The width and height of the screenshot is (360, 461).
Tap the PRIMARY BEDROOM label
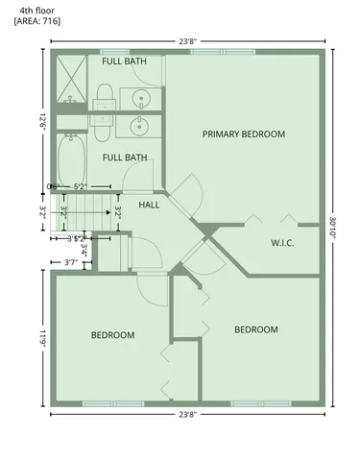coord(243,134)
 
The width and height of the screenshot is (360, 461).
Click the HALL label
coord(149,206)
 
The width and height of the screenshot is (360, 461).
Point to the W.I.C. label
coord(282,242)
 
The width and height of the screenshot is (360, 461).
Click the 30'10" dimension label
coord(333,229)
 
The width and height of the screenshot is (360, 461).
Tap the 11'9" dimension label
coord(43,338)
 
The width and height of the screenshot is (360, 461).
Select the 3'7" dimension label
coord(70,261)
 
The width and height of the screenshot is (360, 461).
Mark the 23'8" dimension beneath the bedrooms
coord(188,414)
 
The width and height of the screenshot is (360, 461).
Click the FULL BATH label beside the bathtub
coord(125,158)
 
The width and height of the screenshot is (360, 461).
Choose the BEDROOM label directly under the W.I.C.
coord(256,329)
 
